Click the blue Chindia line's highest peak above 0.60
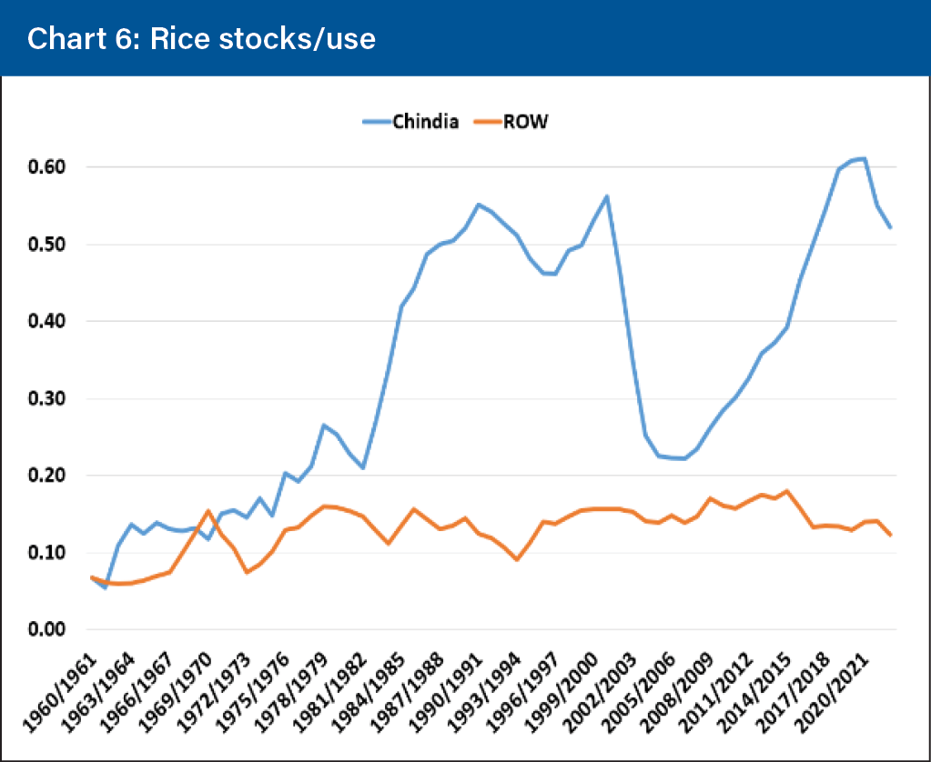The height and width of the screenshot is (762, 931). point(864,159)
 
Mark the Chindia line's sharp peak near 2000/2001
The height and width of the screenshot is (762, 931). point(606,196)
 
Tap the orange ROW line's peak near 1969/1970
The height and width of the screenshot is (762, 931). point(208,511)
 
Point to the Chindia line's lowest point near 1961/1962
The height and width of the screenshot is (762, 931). point(105,587)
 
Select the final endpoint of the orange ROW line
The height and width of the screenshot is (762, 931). point(890,535)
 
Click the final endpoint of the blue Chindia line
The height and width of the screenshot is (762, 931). point(890,227)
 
